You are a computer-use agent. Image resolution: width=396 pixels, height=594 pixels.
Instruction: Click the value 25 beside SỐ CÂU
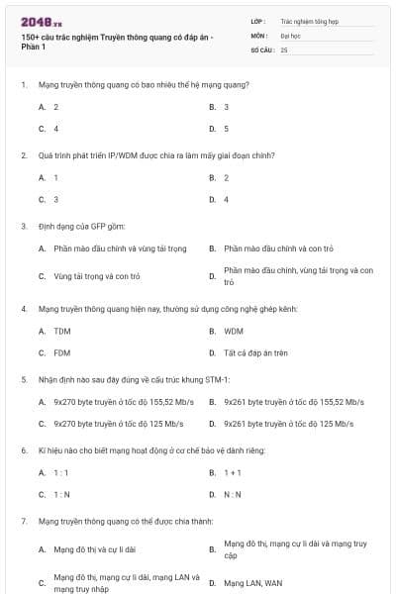(284, 49)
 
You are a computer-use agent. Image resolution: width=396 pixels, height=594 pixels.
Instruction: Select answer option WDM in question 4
(234, 331)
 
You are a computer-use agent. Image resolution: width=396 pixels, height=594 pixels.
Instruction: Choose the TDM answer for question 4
(62, 331)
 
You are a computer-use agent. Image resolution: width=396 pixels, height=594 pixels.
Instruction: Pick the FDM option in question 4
(62, 351)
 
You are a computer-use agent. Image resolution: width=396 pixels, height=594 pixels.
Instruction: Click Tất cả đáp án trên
(255, 351)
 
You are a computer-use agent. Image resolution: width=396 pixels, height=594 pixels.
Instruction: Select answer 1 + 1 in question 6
(233, 473)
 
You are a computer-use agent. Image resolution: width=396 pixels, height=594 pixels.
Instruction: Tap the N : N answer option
(233, 494)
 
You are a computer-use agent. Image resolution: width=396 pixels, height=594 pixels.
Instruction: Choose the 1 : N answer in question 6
(61, 494)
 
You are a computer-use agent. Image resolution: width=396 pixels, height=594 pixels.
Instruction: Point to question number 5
(23, 379)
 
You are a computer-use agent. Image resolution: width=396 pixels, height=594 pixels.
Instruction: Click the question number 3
(23, 226)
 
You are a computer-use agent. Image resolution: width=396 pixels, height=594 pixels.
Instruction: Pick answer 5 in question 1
(227, 128)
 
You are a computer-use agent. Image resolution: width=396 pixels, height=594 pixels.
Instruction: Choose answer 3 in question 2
(56, 199)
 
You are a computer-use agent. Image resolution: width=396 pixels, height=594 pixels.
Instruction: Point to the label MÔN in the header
(259, 35)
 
